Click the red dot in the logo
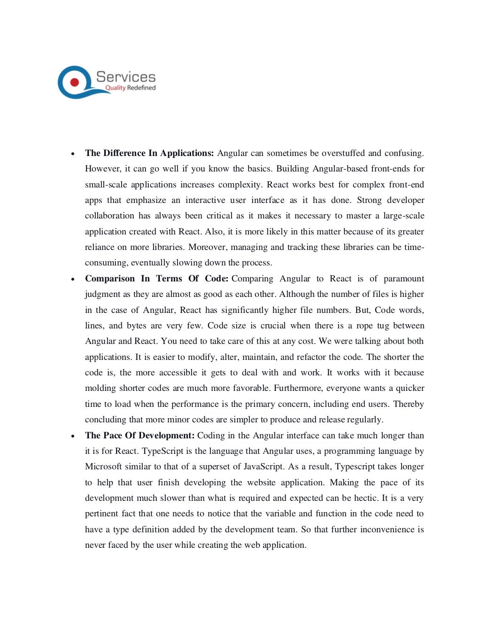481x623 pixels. click(x=74, y=82)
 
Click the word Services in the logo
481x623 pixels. click(x=126, y=77)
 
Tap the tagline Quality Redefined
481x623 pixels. click(x=130, y=88)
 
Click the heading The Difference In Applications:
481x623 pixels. click(x=149, y=153)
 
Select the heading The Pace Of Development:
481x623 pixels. click(x=140, y=436)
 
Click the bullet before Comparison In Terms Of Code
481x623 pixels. click(x=73, y=279)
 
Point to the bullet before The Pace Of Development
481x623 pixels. click(x=73, y=436)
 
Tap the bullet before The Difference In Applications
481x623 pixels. click(x=73, y=154)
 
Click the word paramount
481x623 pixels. click(x=404, y=279)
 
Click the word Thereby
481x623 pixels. click(x=408, y=404)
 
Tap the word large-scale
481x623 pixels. click(x=403, y=216)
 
